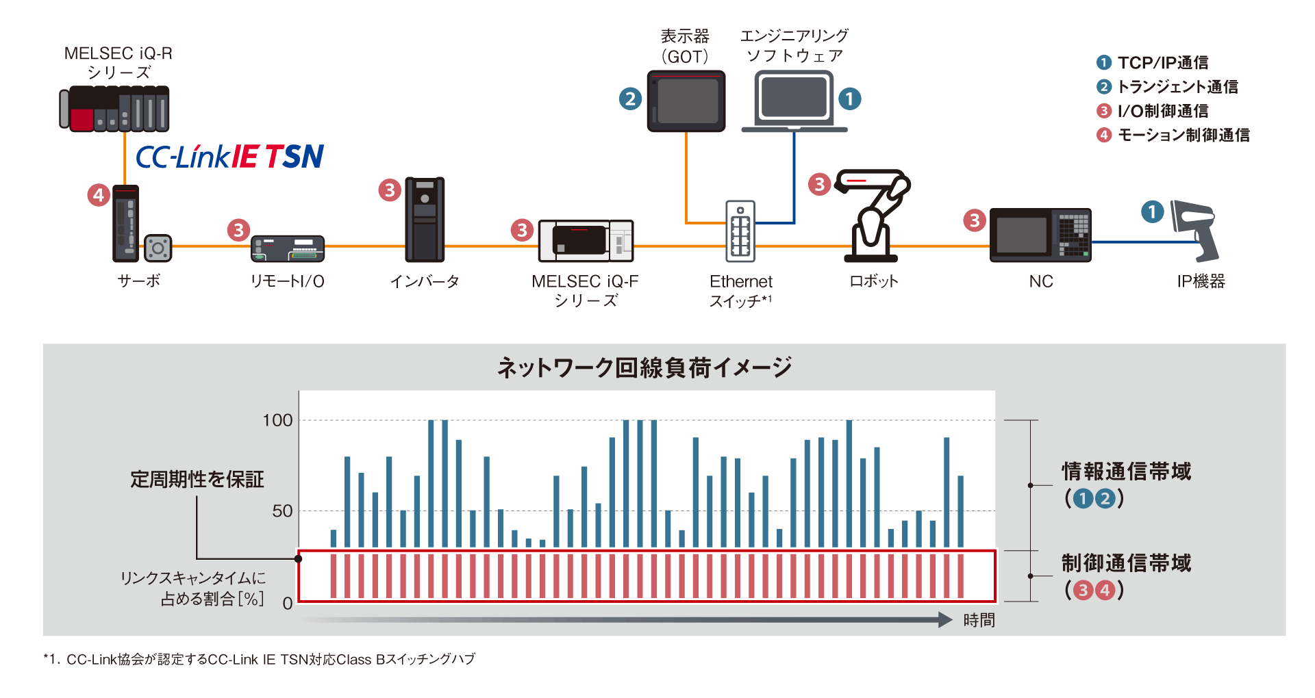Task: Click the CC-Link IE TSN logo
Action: (229, 157)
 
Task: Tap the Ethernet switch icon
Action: (740, 231)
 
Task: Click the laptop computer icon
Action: (794, 101)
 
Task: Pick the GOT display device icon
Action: (686, 101)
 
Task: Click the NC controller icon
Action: (1040, 235)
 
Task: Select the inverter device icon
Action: (425, 220)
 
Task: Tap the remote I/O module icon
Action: (288, 248)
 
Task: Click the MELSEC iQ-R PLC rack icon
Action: (114, 109)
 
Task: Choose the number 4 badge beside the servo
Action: (99, 195)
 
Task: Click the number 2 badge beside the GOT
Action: (630, 99)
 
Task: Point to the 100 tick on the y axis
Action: (278, 420)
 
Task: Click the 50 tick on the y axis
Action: (282, 511)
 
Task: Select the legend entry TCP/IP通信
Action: (1163, 63)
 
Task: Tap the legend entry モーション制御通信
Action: (1183, 135)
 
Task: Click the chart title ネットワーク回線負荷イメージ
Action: (644, 367)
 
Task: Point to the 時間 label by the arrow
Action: (979, 620)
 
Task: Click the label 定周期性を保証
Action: (197, 479)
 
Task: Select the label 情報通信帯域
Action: (1127, 471)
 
